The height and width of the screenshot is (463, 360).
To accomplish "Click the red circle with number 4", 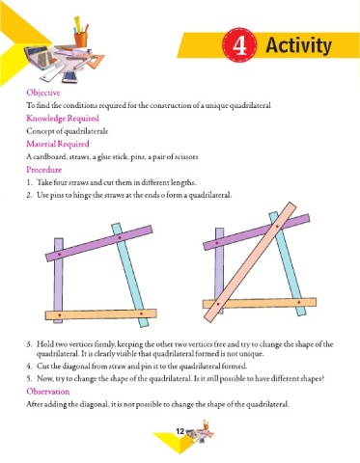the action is (x=239, y=45).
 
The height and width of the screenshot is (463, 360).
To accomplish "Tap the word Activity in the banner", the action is (x=298, y=45).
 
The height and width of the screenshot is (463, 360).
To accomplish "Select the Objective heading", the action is (x=43, y=93).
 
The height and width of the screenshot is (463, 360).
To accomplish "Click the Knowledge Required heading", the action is (x=63, y=119).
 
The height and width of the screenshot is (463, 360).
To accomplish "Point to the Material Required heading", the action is (x=58, y=144).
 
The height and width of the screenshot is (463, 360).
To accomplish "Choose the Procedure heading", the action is (x=44, y=170).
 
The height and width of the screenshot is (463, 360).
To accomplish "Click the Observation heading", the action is (x=48, y=392).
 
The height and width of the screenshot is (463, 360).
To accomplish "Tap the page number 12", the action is (x=180, y=431).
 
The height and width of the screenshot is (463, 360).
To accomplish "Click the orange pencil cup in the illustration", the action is (x=80, y=39).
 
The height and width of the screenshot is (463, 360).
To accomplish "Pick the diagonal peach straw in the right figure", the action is (x=250, y=261).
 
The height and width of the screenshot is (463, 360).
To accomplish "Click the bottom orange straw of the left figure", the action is (x=100, y=314).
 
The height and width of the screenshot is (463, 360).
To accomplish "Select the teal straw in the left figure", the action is (x=130, y=275).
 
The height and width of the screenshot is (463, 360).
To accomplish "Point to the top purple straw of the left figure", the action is (x=98, y=243).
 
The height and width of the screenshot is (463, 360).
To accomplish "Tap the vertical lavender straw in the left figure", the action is (x=59, y=280).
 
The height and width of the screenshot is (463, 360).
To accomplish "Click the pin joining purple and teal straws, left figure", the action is (x=120, y=237).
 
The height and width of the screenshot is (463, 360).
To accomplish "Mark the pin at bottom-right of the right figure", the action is (x=298, y=302).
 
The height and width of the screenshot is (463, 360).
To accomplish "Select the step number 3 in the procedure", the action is (x=29, y=344).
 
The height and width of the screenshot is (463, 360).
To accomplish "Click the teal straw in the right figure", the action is (x=288, y=263).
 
